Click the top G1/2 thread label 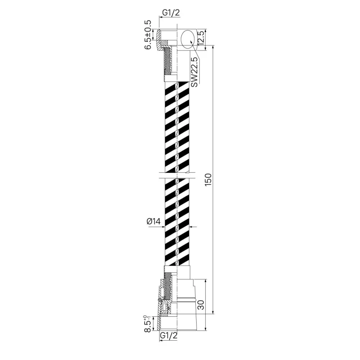click(x=171, y=13)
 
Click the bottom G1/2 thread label click(x=169, y=335)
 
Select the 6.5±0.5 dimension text click(x=148, y=35)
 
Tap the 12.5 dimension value click(x=201, y=38)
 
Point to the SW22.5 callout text click(x=194, y=72)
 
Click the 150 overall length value click(x=208, y=180)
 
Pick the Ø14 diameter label click(x=153, y=221)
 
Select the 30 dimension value click(x=201, y=305)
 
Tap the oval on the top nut click(x=188, y=39)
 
